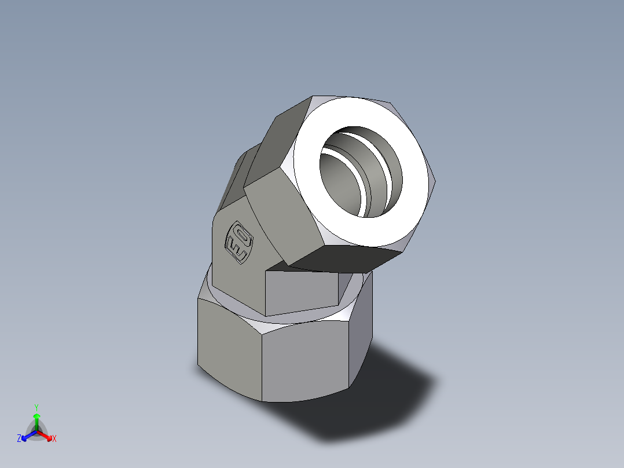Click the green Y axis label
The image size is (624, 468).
pos(36,407)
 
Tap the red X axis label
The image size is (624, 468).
pos(54,439)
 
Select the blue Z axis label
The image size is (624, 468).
pos(19,438)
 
